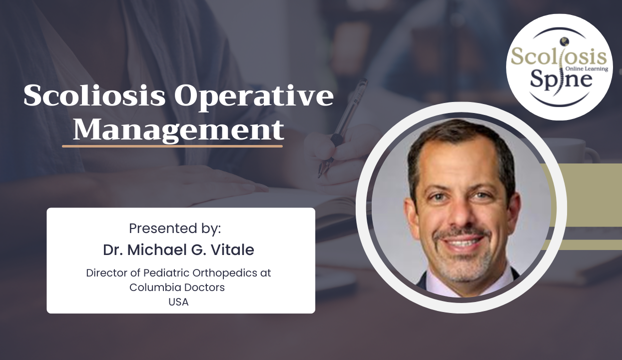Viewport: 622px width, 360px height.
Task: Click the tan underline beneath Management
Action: point(172,146)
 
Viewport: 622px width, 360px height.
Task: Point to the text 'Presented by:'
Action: point(175,228)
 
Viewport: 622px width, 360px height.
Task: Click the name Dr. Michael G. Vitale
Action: point(178,250)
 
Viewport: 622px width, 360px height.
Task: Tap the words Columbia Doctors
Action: point(177,287)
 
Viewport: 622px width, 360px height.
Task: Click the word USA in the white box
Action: point(178,302)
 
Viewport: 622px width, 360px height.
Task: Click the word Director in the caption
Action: point(104,273)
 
